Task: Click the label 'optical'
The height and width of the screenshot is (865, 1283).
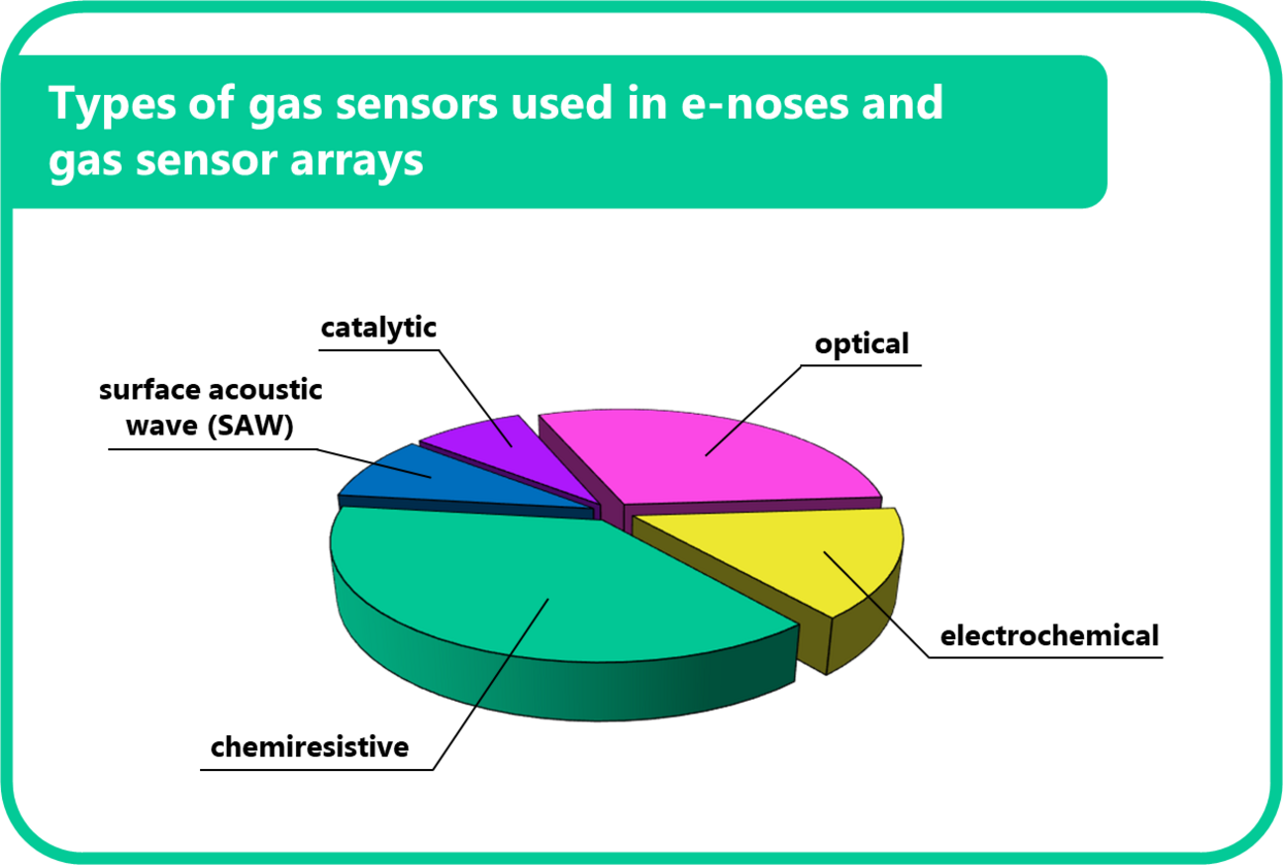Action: (x=861, y=344)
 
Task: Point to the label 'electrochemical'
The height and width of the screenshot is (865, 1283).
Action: (x=1049, y=634)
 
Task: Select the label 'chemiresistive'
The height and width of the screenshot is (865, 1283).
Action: (x=310, y=746)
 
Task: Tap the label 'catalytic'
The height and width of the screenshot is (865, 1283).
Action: (x=379, y=328)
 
